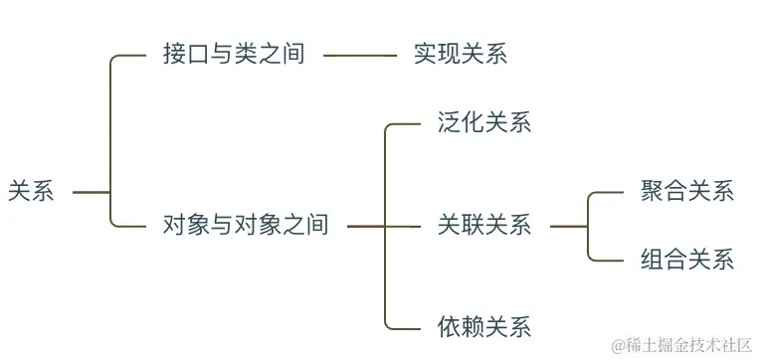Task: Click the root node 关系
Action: pos(31,191)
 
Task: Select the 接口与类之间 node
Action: pos(233,55)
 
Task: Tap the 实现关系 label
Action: pos(461,55)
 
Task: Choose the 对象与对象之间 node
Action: pos(245,226)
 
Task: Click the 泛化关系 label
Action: pos(483,123)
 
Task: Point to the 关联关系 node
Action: pos(483,226)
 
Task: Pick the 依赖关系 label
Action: pos(483,326)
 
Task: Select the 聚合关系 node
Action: pos(687,192)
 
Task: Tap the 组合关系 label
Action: pos(687,261)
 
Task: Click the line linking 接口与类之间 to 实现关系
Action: pos(359,56)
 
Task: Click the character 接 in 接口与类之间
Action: pos(174,55)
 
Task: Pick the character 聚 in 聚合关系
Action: pos(653,192)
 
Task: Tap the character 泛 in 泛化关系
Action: pos(449,123)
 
